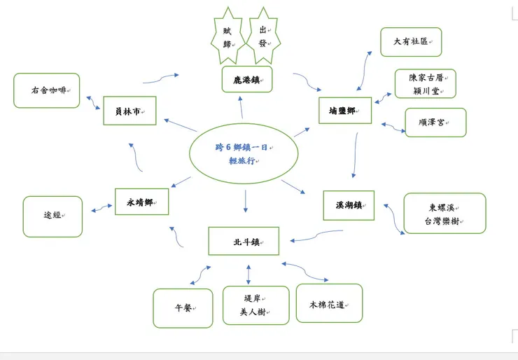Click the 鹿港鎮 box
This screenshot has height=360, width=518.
point(247,79)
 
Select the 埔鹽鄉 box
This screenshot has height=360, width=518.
point(345,111)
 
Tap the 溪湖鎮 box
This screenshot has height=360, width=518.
point(349,205)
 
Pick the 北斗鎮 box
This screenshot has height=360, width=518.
point(244,241)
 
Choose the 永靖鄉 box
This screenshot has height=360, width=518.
point(141,202)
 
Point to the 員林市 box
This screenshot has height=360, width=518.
point(129,111)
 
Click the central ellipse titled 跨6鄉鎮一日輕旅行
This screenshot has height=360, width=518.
point(244,153)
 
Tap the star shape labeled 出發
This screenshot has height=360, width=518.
point(264,36)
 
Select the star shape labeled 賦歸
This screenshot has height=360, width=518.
point(228,36)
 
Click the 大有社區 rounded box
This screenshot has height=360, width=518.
point(411,42)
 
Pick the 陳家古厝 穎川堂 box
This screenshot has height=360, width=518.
point(426,83)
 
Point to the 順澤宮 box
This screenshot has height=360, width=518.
point(435,123)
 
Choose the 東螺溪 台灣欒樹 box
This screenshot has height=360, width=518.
point(445,213)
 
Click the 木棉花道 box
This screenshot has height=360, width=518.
point(330,303)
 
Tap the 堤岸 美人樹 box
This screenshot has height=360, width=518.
point(256,305)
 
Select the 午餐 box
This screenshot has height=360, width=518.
point(183,308)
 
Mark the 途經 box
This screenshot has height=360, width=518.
point(52,216)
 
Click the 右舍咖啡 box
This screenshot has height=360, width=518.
point(47,90)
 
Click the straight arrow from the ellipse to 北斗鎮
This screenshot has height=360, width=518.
point(246,201)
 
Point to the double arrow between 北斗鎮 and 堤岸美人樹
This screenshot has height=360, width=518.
point(248,275)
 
